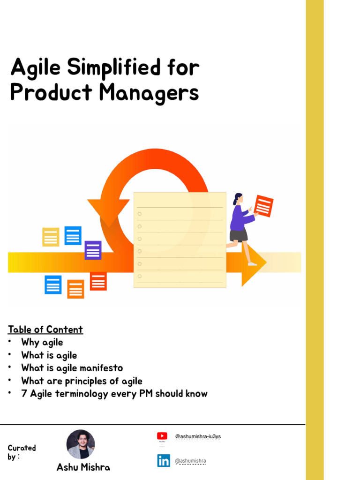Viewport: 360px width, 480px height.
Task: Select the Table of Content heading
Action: point(45,330)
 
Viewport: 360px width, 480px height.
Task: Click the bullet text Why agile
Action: point(42,342)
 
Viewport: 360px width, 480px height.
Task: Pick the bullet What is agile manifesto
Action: point(72,368)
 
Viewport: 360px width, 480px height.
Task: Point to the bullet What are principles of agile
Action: point(82,381)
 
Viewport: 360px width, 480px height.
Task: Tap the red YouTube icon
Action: point(162,436)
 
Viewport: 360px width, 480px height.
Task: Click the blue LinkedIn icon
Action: point(164,461)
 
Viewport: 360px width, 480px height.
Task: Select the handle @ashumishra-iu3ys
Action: point(197,436)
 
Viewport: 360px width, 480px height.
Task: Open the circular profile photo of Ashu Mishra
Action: point(81,444)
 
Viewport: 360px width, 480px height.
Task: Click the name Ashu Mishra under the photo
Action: point(83,467)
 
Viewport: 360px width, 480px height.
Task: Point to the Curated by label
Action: point(22,452)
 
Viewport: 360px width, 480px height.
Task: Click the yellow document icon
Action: point(51,237)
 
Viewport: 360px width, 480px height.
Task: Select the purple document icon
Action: point(93,250)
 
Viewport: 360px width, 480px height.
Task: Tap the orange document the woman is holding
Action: point(263,206)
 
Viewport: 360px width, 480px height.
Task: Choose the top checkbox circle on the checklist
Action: point(140,214)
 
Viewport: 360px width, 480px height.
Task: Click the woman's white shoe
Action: point(252,264)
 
